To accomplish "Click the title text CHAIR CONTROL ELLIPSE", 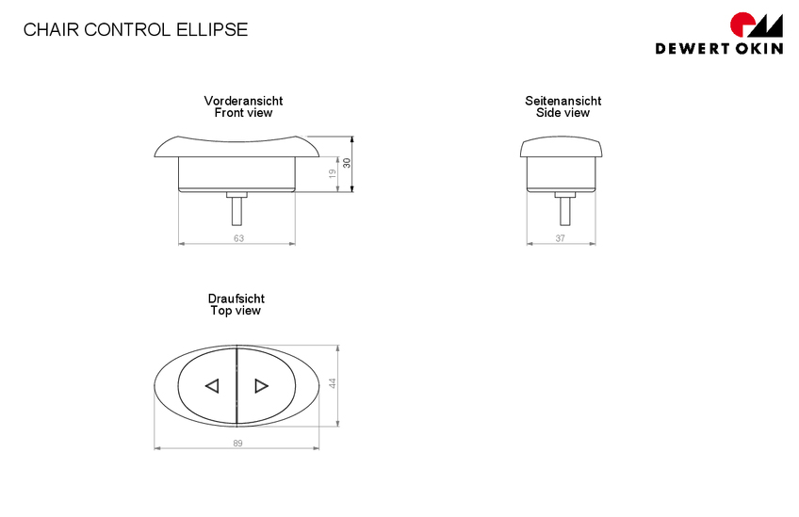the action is tap(136, 29).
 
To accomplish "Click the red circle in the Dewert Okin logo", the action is tap(742, 25).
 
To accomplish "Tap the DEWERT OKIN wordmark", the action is tap(719, 48).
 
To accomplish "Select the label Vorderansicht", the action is tap(243, 101).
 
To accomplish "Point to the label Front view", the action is tap(243, 113).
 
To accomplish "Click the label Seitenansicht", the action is tap(563, 101).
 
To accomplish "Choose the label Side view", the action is tap(563, 113).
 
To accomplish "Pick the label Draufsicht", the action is tap(236, 299).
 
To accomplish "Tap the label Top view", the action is tap(236, 310).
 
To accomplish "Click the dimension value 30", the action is tap(347, 163).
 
